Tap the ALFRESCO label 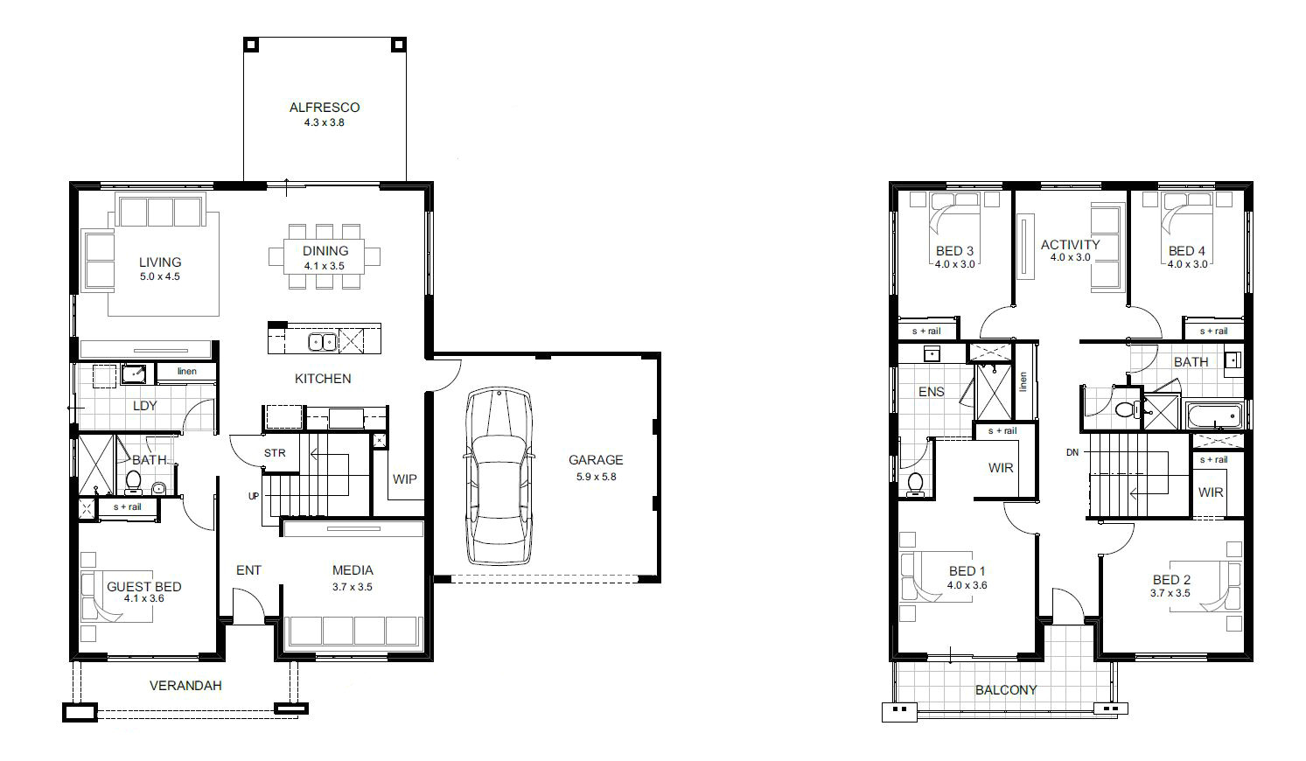pos(325,108)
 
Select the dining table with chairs pos(325,257)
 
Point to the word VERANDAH pos(185,686)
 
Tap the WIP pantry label pos(404,479)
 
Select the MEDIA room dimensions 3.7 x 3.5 pos(353,588)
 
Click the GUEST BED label pos(144,587)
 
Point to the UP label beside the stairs pos(254,496)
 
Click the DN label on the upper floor pos(1072,452)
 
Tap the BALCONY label pos(1006,690)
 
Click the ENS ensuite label pos(931,392)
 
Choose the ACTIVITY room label pos(1070,245)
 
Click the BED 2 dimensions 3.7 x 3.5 pos(1170,594)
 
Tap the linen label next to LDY pos(186,372)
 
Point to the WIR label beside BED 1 pos(1001,468)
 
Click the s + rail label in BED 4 pos(1213,332)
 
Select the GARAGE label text pos(596,460)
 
